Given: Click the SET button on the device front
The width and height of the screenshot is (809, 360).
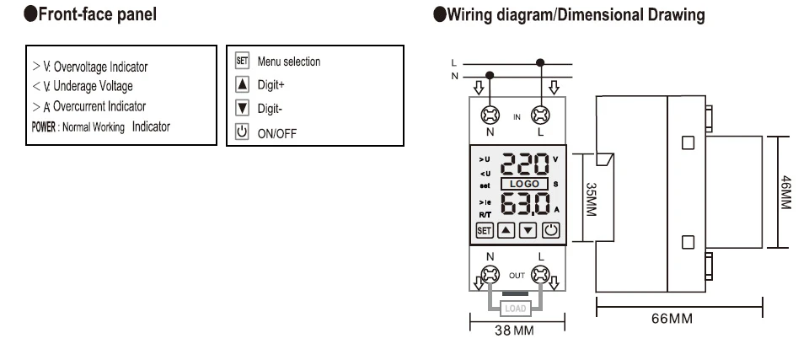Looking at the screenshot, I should coord(484,228).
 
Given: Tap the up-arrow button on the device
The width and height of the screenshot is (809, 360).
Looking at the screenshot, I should coord(506,228).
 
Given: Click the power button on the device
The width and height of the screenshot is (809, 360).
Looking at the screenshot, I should coord(550,228).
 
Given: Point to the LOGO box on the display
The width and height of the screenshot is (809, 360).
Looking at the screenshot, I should coord(524,183).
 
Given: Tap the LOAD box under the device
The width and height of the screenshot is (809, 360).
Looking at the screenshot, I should coord(514,309).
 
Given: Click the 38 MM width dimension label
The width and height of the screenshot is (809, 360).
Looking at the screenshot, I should coord(514,330).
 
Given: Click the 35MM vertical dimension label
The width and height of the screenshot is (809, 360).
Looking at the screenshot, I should coord(591,199).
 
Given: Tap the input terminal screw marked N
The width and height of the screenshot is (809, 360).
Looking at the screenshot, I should coord(488,115).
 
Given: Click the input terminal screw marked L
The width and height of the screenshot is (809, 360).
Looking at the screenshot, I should coord(540,115).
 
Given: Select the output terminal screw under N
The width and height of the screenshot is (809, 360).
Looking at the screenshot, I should coord(488,274).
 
